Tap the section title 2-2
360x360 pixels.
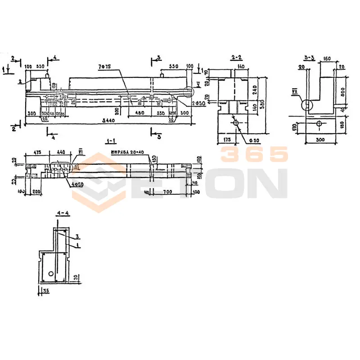[x=236, y=57]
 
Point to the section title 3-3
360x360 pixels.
[x=310, y=57]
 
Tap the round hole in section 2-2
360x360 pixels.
[x=236, y=122]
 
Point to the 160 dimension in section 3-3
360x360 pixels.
[x=327, y=58]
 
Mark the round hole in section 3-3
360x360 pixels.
[x=319, y=123]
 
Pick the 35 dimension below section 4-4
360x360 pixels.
[x=46, y=292]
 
